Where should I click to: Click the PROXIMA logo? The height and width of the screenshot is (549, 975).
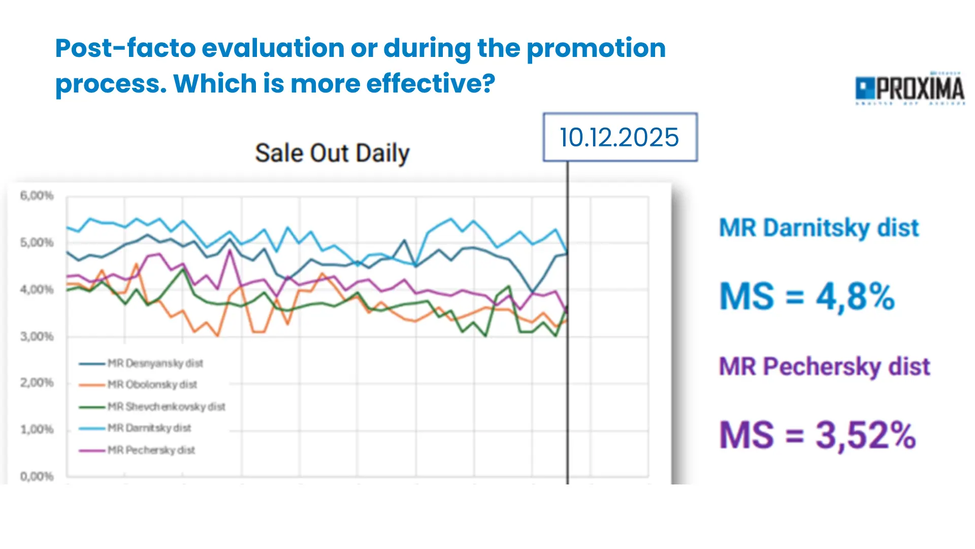click(x=910, y=89)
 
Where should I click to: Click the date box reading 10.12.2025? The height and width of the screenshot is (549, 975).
click(x=620, y=137)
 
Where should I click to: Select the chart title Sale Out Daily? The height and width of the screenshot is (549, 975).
click(x=332, y=153)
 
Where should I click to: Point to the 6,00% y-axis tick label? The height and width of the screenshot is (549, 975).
click(x=37, y=196)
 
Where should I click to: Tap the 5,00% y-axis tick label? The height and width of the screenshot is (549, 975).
click(x=37, y=242)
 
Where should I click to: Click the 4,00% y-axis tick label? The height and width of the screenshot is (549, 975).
click(x=37, y=290)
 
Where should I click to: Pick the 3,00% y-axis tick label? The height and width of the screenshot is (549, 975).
click(x=37, y=337)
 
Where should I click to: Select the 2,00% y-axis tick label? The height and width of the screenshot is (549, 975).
click(x=37, y=383)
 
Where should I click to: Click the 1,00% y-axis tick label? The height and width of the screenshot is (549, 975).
click(x=37, y=430)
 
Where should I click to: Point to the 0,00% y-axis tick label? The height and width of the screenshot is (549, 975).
click(x=37, y=476)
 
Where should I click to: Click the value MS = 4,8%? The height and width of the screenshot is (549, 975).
click(x=807, y=296)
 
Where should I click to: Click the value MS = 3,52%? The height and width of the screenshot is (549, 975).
click(x=817, y=435)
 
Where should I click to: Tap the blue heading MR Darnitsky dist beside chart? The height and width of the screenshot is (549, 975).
click(x=819, y=228)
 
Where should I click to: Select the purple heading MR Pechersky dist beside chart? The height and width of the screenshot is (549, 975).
click(x=824, y=367)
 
